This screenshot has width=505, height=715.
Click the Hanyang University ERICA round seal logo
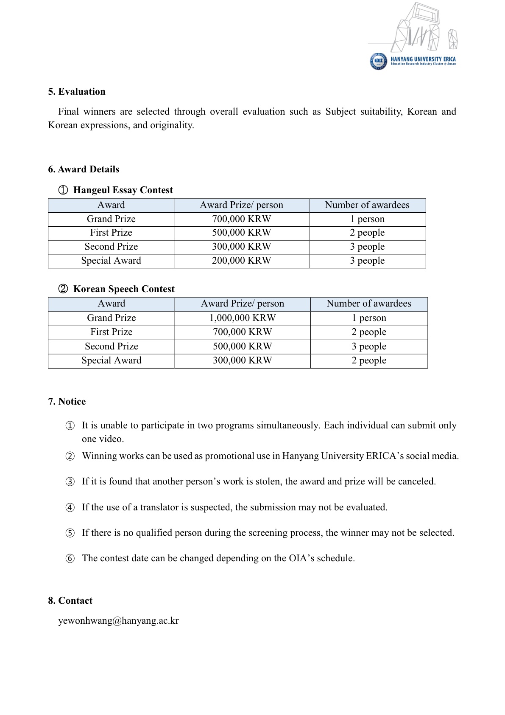[x=378, y=62]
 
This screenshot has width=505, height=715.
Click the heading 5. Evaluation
[x=77, y=92]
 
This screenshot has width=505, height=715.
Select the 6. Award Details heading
[x=84, y=169]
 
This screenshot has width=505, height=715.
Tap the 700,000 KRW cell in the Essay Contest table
[x=241, y=219]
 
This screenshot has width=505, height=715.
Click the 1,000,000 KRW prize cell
[x=243, y=318]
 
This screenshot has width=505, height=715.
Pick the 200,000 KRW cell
[x=241, y=261]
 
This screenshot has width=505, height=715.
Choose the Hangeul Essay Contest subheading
[x=123, y=190]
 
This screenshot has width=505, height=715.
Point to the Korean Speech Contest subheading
[x=124, y=289]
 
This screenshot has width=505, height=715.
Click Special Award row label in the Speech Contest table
[x=112, y=360]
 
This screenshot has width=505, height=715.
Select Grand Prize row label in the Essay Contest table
[x=111, y=219]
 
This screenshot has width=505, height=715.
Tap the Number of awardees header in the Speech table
[x=369, y=304]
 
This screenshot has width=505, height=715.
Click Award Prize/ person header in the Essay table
[x=241, y=205]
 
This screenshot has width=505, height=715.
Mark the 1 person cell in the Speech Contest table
[x=369, y=318]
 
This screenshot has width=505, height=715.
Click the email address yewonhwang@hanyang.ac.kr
[x=118, y=621]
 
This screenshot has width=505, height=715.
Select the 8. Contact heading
[x=70, y=601]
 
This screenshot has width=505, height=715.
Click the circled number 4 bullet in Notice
[x=70, y=508]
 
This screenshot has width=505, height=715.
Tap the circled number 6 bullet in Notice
[x=70, y=559]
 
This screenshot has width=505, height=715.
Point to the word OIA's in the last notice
[x=301, y=558]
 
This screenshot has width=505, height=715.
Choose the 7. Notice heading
[x=67, y=402]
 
